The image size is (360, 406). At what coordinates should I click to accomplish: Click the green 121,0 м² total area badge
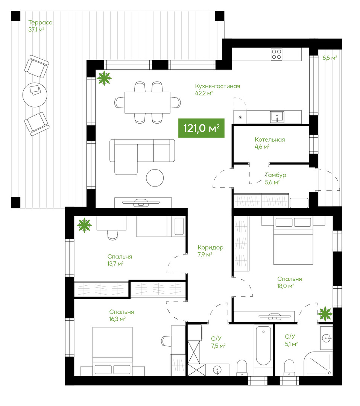[201, 128]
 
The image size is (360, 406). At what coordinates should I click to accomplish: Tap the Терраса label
[40, 23]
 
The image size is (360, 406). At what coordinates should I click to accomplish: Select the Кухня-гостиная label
[217, 86]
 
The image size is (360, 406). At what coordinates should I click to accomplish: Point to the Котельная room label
[270, 139]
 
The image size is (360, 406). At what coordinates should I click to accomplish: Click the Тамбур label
[276, 175]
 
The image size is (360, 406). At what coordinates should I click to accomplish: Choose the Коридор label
[210, 247]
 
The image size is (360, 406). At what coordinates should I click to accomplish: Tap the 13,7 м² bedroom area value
[115, 264]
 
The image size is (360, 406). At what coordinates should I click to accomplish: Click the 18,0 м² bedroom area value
[286, 286]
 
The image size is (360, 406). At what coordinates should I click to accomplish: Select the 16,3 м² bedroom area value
[117, 319]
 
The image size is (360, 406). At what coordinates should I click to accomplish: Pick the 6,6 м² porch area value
[330, 58]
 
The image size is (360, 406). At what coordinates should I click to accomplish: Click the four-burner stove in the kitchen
[276, 55]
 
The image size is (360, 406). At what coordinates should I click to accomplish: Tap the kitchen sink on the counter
[277, 117]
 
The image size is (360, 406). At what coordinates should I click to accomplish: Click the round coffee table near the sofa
[155, 178]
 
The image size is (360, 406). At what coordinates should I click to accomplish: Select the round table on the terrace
[35, 95]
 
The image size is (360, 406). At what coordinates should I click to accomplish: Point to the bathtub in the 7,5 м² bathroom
[263, 346]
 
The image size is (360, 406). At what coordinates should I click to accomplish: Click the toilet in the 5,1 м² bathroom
[289, 367]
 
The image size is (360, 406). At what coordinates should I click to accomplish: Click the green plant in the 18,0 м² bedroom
[325, 314]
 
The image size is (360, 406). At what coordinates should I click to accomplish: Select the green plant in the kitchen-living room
[104, 78]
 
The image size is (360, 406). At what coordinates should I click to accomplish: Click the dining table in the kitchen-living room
[147, 103]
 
